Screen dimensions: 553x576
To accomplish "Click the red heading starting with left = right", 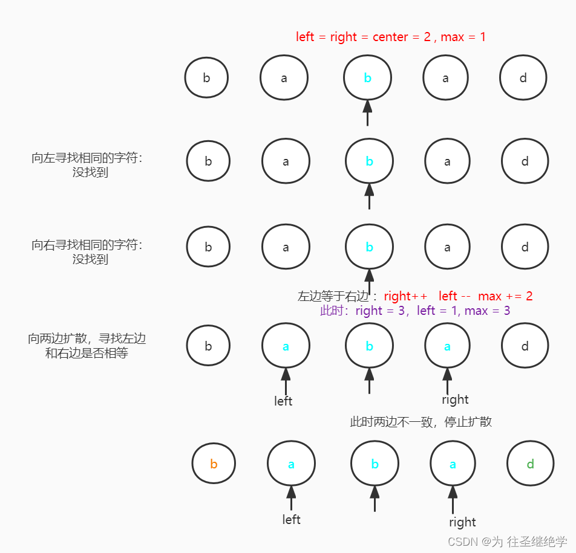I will [390, 37].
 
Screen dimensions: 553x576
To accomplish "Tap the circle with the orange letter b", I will [214, 464].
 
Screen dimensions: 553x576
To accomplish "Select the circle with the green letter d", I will [530, 464].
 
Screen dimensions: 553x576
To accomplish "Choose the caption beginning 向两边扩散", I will [87, 346].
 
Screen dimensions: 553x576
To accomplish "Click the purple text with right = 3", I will [415, 311].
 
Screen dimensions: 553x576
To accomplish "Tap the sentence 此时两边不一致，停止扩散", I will [421, 422].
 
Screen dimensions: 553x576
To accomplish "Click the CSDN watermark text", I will [507, 541].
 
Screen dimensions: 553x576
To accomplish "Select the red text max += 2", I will [505, 296].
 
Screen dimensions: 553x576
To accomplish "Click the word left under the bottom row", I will [291, 519].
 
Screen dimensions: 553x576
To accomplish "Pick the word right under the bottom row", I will [462, 522].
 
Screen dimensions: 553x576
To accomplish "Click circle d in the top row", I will [523, 78].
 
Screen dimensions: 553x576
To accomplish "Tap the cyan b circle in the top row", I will [367, 78].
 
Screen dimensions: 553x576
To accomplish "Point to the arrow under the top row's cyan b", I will [367, 112].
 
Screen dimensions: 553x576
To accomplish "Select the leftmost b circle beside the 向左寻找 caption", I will [208, 161].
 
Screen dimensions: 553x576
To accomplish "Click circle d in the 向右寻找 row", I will [525, 247].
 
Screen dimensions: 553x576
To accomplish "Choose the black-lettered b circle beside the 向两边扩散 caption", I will [208, 346].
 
